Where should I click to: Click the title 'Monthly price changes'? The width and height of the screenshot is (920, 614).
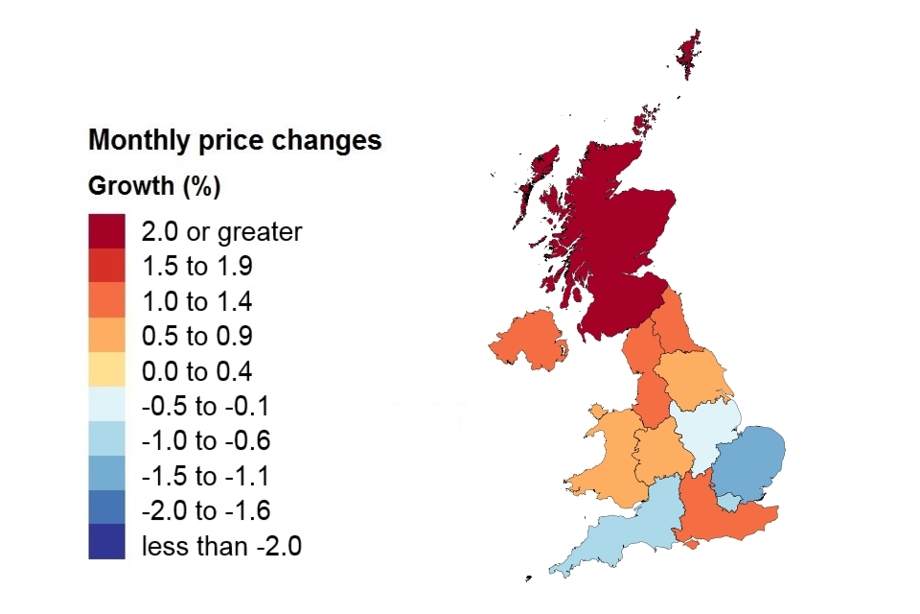pyautogui.click(x=235, y=141)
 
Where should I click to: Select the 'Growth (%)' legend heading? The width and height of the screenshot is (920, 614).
pyautogui.click(x=154, y=186)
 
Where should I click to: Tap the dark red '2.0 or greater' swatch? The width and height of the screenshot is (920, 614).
pyautogui.click(x=106, y=231)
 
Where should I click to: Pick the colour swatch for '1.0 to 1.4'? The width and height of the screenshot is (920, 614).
pyautogui.click(x=106, y=301)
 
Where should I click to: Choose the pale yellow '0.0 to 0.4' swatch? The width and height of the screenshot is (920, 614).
pyautogui.click(x=106, y=371)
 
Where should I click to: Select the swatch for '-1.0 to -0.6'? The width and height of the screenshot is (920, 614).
pyautogui.click(x=106, y=441)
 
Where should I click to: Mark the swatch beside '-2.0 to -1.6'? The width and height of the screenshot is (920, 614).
pyautogui.click(x=106, y=511)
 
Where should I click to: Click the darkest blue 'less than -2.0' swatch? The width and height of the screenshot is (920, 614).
pyautogui.click(x=106, y=543)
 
